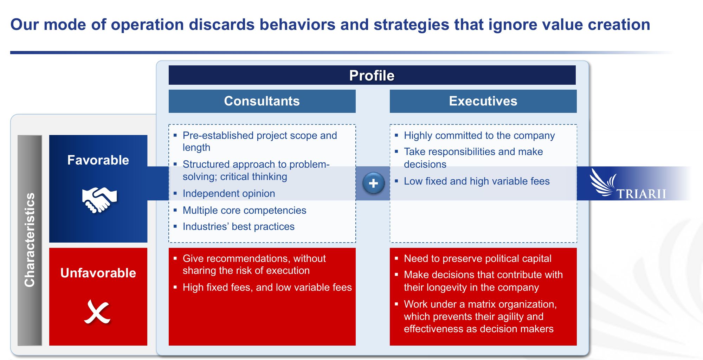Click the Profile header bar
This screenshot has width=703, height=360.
click(x=372, y=75)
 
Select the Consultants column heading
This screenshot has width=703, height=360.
click(x=262, y=101)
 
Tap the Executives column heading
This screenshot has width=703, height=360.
click(x=483, y=101)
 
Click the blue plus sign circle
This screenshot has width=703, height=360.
click(x=373, y=183)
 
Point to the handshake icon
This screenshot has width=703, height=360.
click(x=99, y=200)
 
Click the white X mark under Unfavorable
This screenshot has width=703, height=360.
click(x=97, y=311)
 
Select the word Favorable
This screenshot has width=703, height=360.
click(x=98, y=160)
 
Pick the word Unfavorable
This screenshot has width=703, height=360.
click(x=98, y=273)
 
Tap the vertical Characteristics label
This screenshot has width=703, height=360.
click(x=30, y=240)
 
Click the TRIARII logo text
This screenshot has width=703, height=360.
click(x=641, y=194)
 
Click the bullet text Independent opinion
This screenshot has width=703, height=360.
click(x=229, y=193)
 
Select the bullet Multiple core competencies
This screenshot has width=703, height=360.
click(x=244, y=210)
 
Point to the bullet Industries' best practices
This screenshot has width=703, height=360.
click(x=238, y=227)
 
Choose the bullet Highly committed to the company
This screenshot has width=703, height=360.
click(x=479, y=135)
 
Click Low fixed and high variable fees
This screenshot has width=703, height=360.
click(x=477, y=181)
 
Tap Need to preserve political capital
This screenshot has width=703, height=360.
click(x=477, y=259)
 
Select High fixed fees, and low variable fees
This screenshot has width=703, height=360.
click(x=267, y=288)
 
